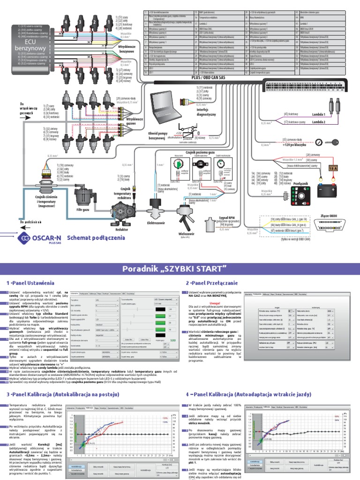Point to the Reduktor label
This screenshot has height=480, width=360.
[x=122, y=230]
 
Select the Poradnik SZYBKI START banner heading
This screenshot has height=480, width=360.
[x=180, y=268]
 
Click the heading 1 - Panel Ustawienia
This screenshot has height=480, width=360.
[x=30, y=284]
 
